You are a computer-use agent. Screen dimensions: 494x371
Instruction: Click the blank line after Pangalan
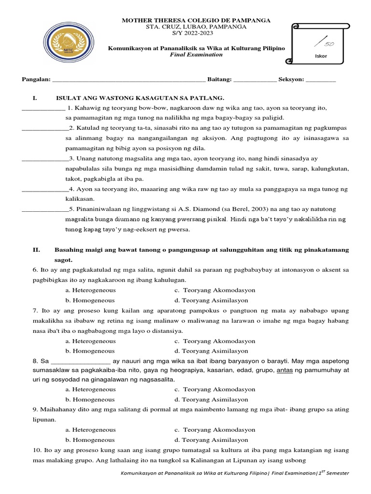(x=128, y=80)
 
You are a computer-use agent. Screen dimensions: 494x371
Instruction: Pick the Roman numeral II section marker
(x=36, y=250)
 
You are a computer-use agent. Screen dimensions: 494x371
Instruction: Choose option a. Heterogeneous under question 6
(x=90, y=290)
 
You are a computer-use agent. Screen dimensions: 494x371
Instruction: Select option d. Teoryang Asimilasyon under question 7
(x=211, y=351)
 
